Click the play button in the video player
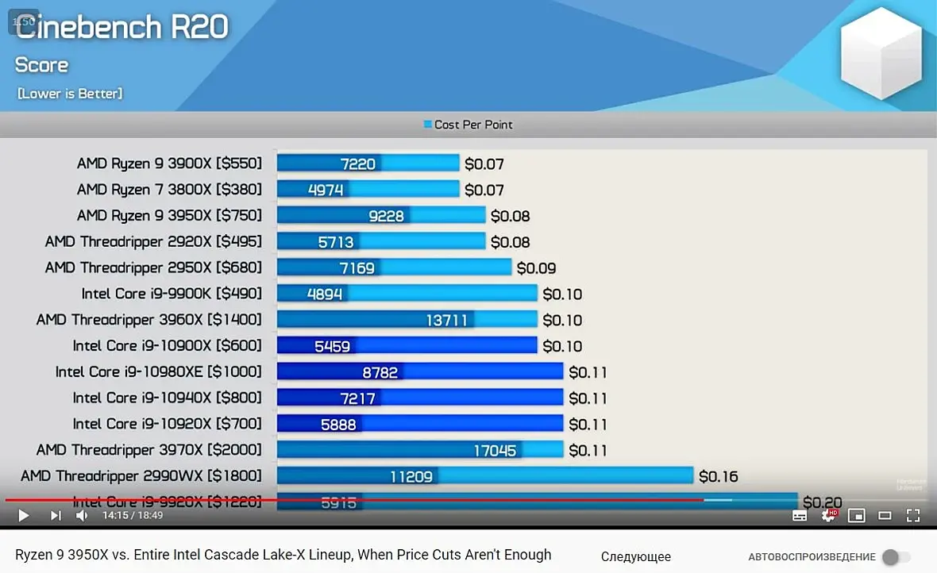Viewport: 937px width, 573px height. pyautogui.click(x=23, y=516)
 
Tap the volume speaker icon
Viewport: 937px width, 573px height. pyautogui.click(x=82, y=516)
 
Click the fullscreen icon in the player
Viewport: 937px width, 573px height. pyautogui.click(x=913, y=516)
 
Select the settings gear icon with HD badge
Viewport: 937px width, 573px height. pyautogui.click(x=827, y=515)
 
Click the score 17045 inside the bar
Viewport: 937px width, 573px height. pyautogui.click(x=495, y=451)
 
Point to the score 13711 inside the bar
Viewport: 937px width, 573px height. pyautogui.click(x=447, y=320)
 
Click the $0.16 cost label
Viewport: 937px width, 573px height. pyautogui.click(x=718, y=476)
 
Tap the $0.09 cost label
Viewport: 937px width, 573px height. pyautogui.click(x=536, y=268)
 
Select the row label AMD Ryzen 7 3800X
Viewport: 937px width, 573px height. pyautogui.click(x=168, y=190)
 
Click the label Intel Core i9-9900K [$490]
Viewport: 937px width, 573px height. pyautogui.click(x=172, y=294)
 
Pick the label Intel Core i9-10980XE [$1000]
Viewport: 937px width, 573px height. pyautogui.click(x=158, y=372)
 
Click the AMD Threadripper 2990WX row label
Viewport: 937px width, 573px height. pyautogui.click(x=141, y=476)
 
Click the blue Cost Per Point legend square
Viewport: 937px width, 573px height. pyautogui.click(x=428, y=125)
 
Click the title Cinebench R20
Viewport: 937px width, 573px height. pyautogui.click(x=121, y=27)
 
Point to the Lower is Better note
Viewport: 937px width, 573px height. pyautogui.click(x=70, y=94)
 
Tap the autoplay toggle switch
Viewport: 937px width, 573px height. pyautogui.click(x=897, y=557)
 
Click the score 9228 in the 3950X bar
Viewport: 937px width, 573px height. pyautogui.click(x=385, y=216)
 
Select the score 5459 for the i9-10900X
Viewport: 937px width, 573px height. pyautogui.click(x=333, y=346)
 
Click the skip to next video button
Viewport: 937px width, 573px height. pyautogui.click(x=55, y=516)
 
